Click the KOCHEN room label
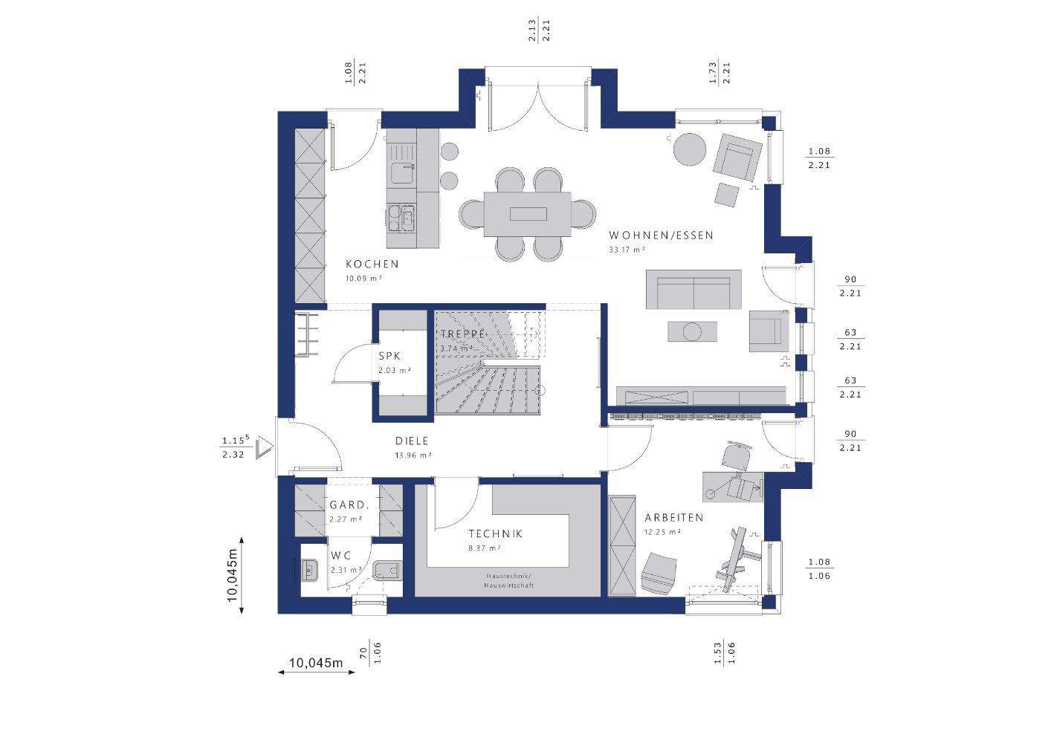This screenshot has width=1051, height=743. coord(372,264)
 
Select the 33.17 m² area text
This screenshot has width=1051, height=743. coord(626,250)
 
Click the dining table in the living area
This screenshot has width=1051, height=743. coord(528,215)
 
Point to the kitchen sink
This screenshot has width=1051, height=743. coord(404,173)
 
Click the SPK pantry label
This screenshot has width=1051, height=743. coord(389,357)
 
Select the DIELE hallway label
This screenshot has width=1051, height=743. coord(412,441)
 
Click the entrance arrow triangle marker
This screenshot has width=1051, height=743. coord(263,449)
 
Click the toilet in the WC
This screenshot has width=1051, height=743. coord(386,571)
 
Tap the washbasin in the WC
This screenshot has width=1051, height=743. coord(310,571)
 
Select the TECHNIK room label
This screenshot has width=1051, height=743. coord(495,533)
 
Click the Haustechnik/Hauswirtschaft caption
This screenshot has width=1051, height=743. coord(509,581)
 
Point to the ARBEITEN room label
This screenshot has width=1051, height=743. coord(673,517)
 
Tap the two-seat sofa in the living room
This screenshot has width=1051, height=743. coord(693,289)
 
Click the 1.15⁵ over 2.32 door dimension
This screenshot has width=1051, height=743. coord(234,448)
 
